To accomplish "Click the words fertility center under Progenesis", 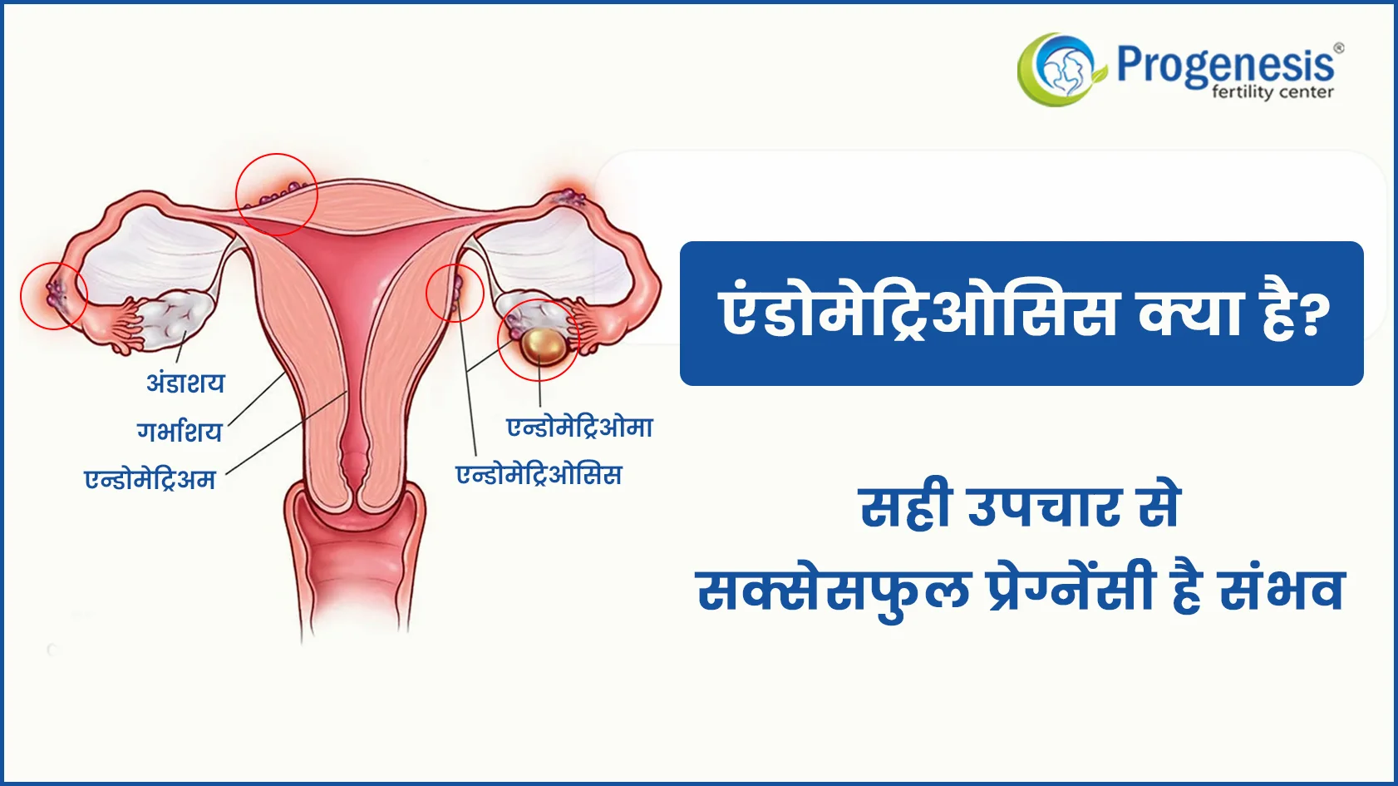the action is pos(1272,92).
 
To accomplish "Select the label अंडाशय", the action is pos(185,382).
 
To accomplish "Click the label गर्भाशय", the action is pos(180,431).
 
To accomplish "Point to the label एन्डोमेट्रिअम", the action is pos(150,479).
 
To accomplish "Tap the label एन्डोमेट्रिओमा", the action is pos(580,428).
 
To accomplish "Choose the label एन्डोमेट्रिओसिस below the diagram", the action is pos(539,474).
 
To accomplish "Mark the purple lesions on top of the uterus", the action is pos(274,194).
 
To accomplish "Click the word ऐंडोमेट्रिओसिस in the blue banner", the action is pos(918,312).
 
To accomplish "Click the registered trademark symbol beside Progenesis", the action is pos(1338,48).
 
